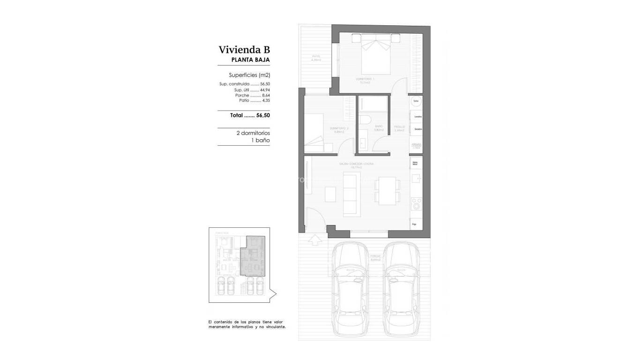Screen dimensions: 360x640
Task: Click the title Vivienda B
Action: [x=244, y=50]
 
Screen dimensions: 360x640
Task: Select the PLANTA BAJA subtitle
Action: [x=251, y=60]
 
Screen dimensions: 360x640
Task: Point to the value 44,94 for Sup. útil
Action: [x=265, y=90]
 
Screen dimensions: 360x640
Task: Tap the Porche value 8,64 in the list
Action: [x=266, y=95]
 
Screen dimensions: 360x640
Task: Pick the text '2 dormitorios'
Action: [x=253, y=133]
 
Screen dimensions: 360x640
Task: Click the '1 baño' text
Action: [x=261, y=140]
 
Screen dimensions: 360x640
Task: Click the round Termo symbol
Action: [x=416, y=101]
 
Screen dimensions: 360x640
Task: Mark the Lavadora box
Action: [x=417, y=116]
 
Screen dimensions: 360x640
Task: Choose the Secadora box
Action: [x=417, y=129]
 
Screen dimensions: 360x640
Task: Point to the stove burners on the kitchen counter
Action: [x=416, y=203]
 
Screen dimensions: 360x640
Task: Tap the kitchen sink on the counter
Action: [x=416, y=179]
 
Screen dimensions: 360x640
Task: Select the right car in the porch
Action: [x=402, y=291]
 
